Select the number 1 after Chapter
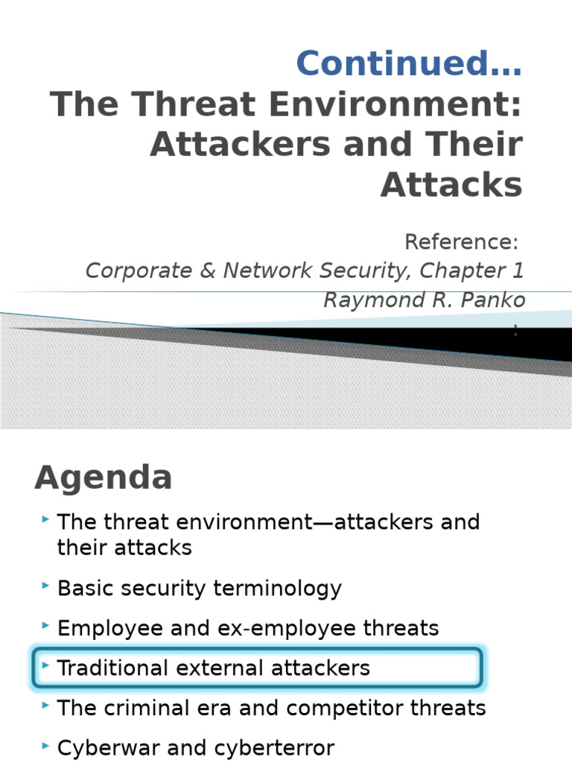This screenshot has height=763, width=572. click(517, 270)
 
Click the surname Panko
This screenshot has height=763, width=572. click(495, 300)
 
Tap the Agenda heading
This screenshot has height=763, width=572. click(103, 478)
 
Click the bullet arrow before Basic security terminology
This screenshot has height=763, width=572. click(46, 586)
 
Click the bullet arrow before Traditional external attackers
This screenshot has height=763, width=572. click(46, 666)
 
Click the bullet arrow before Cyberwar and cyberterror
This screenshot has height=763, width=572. click(46, 746)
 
